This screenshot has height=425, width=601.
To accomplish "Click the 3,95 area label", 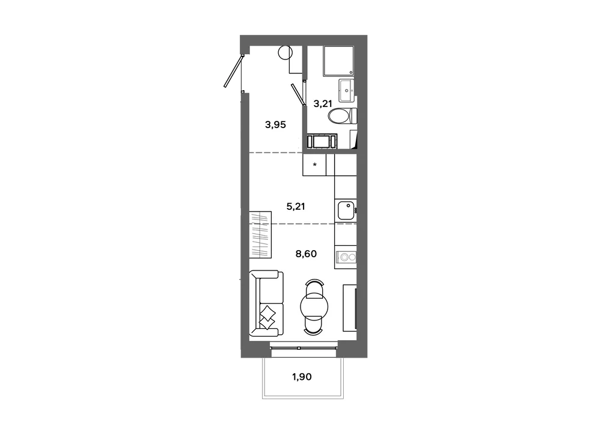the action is tap(275, 124).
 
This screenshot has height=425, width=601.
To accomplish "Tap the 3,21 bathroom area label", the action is tap(322, 103).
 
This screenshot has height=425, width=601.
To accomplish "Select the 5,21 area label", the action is tap(296, 207).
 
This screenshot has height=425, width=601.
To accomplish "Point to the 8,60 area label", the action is tap(306, 254).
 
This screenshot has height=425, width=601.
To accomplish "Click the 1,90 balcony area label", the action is tap(302, 377).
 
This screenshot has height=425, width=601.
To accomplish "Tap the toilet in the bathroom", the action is tap(343, 116).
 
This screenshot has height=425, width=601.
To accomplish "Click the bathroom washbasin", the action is tap(347, 91).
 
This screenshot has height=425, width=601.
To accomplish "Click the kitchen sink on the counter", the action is tap(346, 210).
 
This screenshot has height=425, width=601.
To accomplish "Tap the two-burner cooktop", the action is tap(346, 257).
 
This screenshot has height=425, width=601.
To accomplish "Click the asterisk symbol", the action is tap(315, 165).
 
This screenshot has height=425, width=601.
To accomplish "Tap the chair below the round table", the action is tap(314, 325).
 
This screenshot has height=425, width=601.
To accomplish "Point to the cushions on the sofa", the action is tap(267, 317).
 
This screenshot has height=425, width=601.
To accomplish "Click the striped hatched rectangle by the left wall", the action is tap(260, 234).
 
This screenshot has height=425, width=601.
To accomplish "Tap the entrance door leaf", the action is tap(233, 72).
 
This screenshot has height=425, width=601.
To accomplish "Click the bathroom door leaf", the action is tap(297, 94).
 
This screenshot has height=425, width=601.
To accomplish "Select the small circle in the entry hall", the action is tap(285, 52).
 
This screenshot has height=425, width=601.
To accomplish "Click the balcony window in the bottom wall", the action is tap(304, 348).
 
